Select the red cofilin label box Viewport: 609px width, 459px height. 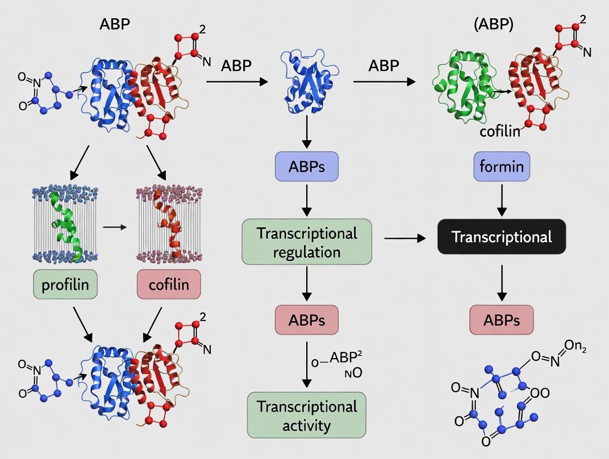point(169,285)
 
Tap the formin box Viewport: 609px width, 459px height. point(502,167)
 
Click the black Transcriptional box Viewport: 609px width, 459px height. point(501,237)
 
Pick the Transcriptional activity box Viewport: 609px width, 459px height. point(307,415)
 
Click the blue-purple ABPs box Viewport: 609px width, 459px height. point(307,167)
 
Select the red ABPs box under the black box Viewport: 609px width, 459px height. point(501,320)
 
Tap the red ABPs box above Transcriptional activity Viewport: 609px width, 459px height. point(307,320)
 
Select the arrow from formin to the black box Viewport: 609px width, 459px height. point(502,201)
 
